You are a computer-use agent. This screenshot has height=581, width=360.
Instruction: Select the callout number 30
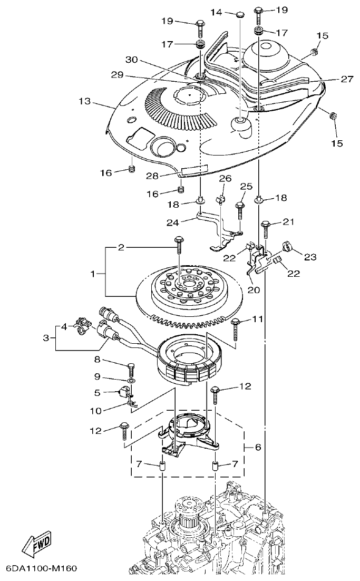pos(131,60)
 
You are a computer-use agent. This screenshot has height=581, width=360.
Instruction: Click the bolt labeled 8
pos(131,367)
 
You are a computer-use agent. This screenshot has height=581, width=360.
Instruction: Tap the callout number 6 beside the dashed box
pos(258,447)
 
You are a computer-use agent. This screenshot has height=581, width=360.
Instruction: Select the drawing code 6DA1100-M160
pos(42,569)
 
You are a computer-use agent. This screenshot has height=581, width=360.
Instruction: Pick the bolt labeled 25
pos(241,208)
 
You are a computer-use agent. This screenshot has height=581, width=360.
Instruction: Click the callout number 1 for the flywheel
pos(94,274)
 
